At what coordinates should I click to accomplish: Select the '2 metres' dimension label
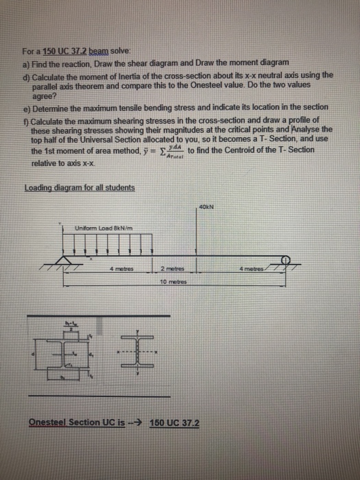[173, 269]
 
